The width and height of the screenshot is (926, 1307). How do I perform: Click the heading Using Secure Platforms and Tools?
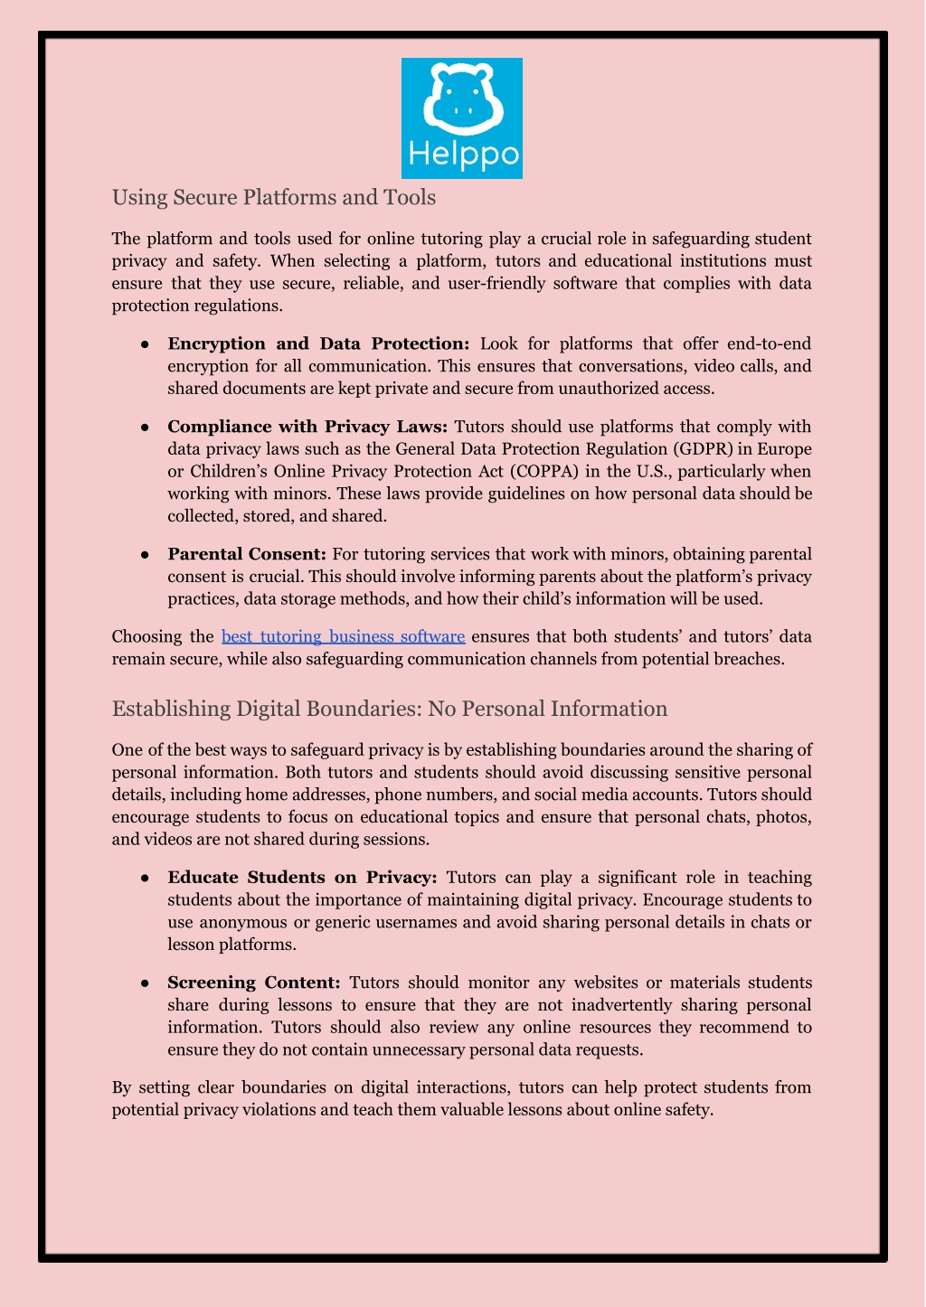pyautogui.click(x=274, y=197)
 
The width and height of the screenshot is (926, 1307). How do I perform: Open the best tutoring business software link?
pyautogui.click(x=343, y=636)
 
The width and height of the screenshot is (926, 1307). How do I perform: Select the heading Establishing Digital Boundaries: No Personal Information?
pyautogui.click(x=390, y=709)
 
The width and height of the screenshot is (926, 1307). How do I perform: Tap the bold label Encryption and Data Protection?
pyautogui.click(x=318, y=343)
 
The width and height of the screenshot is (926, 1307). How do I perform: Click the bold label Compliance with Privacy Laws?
pyautogui.click(x=307, y=427)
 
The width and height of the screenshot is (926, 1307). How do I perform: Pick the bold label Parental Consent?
pyautogui.click(x=247, y=554)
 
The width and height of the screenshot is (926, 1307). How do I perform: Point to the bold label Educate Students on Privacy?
pyautogui.click(x=302, y=878)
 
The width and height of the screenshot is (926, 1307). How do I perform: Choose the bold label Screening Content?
pyautogui.click(x=254, y=983)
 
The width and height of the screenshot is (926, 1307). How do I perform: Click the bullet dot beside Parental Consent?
pyautogui.click(x=145, y=555)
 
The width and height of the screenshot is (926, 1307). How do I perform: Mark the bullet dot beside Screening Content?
pyautogui.click(x=145, y=983)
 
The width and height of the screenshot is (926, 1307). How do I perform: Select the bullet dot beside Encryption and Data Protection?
pyautogui.click(x=145, y=344)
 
